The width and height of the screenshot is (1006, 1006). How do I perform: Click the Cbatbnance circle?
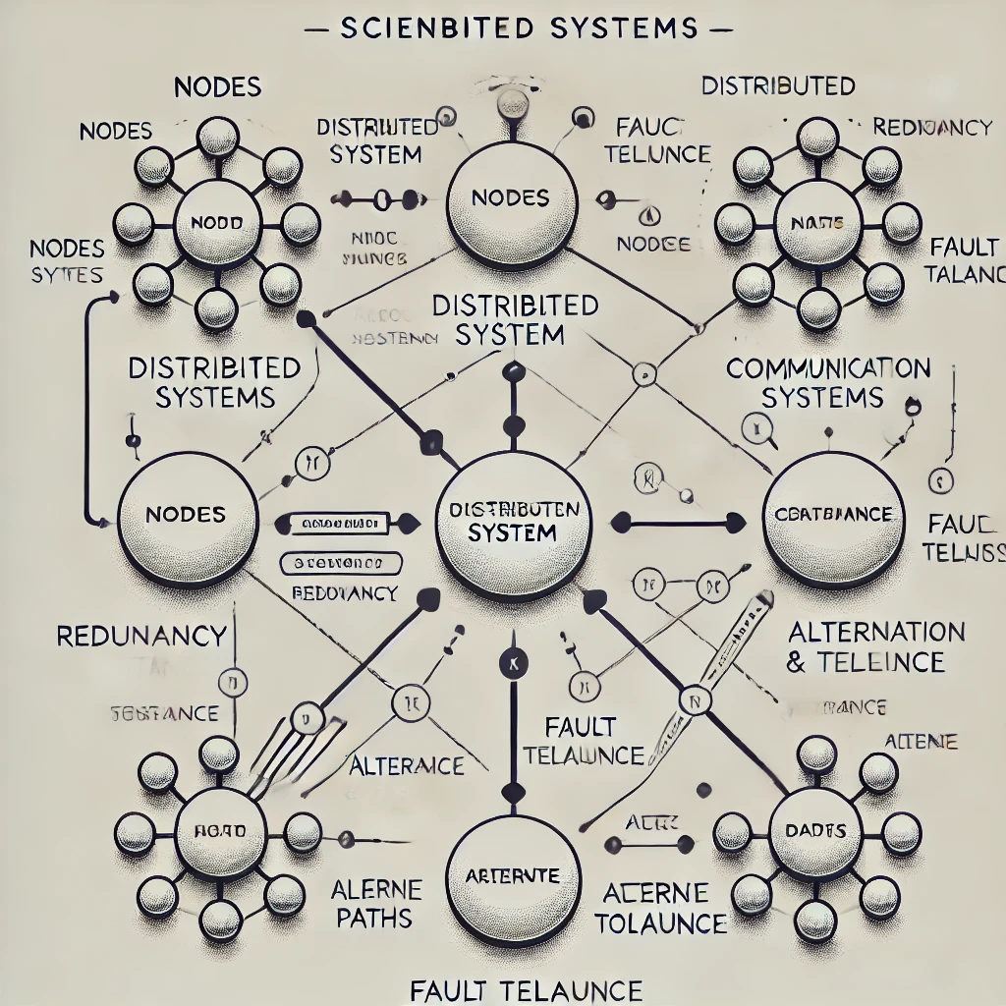[833, 517]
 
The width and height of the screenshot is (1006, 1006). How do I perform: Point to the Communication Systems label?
[827, 383]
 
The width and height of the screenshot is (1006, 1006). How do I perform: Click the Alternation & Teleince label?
[875, 645]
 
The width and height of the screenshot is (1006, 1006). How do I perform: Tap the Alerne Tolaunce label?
[663, 909]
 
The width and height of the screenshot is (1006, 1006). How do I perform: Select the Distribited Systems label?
[214, 382]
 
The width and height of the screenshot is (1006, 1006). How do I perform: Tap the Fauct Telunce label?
[656, 140]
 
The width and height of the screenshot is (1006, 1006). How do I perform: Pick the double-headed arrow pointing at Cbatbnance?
[677, 522]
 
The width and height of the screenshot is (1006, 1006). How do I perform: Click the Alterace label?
[407, 765]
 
